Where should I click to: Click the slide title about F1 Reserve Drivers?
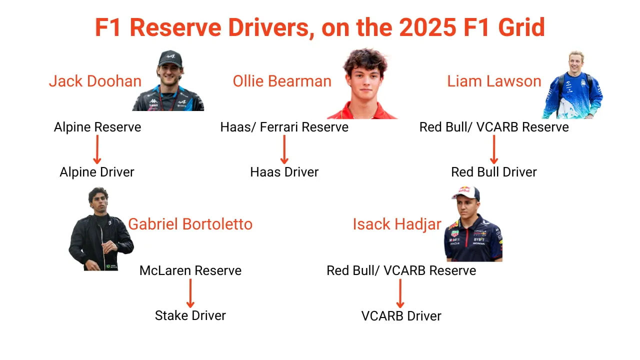click(320, 27)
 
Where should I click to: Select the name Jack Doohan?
click(95, 81)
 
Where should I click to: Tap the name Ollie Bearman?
click(282, 81)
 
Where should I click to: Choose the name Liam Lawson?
click(494, 81)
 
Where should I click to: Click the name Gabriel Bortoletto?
click(190, 224)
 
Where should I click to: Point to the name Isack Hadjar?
click(397, 224)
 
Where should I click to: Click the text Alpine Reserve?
click(97, 127)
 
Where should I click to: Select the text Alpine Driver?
click(97, 172)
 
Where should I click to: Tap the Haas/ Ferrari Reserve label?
click(284, 127)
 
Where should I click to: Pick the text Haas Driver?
click(284, 172)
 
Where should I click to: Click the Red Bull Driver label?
click(494, 172)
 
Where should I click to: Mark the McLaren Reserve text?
click(190, 270)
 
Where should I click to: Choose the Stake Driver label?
click(190, 315)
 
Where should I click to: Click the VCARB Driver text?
click(401, 316)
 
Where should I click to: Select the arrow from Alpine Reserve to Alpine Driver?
click(97, 149)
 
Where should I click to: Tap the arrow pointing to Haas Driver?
click(284, 149)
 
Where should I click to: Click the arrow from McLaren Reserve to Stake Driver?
click(190, 293)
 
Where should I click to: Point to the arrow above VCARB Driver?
click(400, 293)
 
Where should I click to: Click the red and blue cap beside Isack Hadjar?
click(465, 192)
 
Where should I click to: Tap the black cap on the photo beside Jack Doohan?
click(170, 57)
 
